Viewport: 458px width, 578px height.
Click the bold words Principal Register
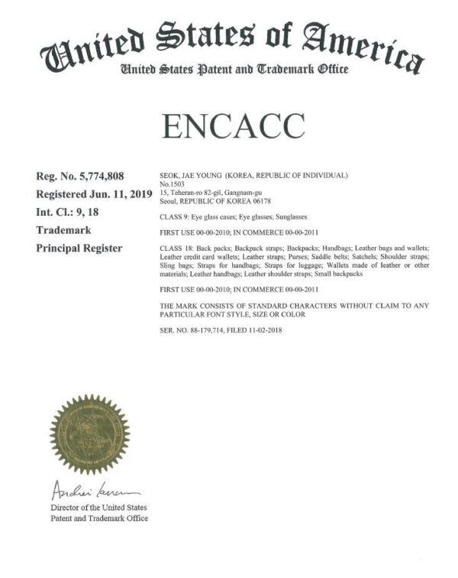tap(79, 248)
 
